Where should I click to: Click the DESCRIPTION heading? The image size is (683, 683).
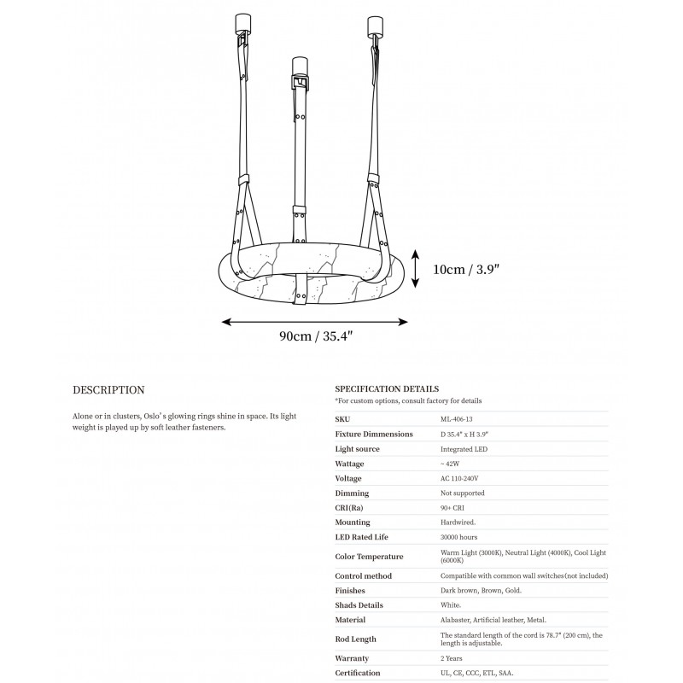coord(108,390)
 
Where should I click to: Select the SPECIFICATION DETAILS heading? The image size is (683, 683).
coord(387,388)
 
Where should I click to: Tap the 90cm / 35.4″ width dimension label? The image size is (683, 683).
coord(315,336)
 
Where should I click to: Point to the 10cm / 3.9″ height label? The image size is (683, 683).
coord(466,269)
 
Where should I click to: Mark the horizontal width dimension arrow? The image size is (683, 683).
coord(315,322)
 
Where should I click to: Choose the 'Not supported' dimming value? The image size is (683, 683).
coord(462,493)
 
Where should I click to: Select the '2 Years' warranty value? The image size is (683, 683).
coord(452,658)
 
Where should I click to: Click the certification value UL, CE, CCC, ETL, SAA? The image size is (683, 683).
coord(477,673)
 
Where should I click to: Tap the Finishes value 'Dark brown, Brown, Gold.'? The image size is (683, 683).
coord(480,590)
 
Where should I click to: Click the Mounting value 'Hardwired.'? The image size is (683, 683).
coord(458,522)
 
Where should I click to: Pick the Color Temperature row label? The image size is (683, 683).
coord(370,557)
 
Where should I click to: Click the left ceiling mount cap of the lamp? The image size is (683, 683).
coord(241,20)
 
